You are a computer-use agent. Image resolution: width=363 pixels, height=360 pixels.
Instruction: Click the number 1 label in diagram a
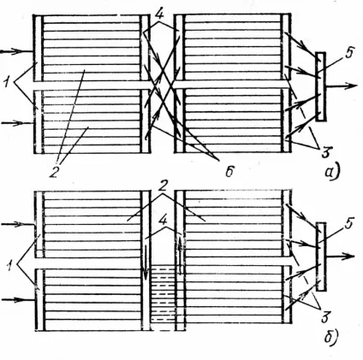(x=7, y=83)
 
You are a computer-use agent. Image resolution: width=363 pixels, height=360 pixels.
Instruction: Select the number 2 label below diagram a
(x=54, y=171)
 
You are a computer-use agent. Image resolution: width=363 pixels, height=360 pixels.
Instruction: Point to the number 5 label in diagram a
(x=348, y=53)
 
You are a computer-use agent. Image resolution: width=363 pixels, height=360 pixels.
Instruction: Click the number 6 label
(x=230, y=172)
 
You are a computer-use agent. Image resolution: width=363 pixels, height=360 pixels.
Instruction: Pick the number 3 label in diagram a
(x=325, y=152)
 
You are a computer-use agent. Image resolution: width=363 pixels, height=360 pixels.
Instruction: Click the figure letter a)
(x=333, y=172)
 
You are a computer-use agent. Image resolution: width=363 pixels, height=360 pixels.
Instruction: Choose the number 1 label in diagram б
(x=9, y=267)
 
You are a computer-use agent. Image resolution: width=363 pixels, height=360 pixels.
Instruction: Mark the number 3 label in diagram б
(x=325, y=318)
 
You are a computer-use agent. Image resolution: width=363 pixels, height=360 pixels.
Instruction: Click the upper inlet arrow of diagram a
(x=16, y=51)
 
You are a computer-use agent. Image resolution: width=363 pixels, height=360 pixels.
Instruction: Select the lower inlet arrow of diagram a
(x=18, y=123)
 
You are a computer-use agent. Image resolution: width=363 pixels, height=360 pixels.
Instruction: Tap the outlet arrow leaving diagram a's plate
(x=341, y=86)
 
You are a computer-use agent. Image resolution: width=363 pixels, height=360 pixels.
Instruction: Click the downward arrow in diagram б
(x=146, y=261)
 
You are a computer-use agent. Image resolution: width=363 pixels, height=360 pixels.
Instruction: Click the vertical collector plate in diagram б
(x=321, y=257)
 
